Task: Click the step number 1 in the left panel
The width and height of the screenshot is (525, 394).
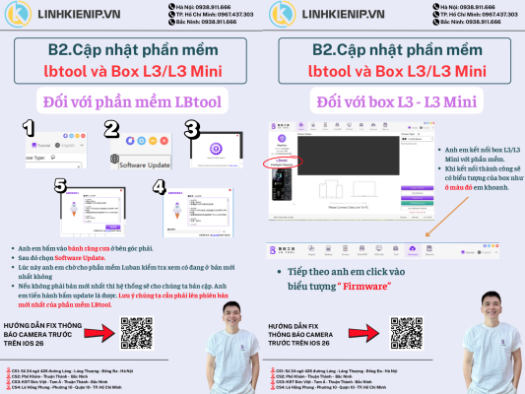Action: (x=30, y=128)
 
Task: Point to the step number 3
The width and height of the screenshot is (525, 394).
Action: (x=193, y=127)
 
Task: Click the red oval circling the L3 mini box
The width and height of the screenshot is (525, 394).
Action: (x=283, y=163)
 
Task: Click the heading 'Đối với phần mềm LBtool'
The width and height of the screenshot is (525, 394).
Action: (x=131, y=100)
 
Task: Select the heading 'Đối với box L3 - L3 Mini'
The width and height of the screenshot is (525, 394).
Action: (x=394, y=100)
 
